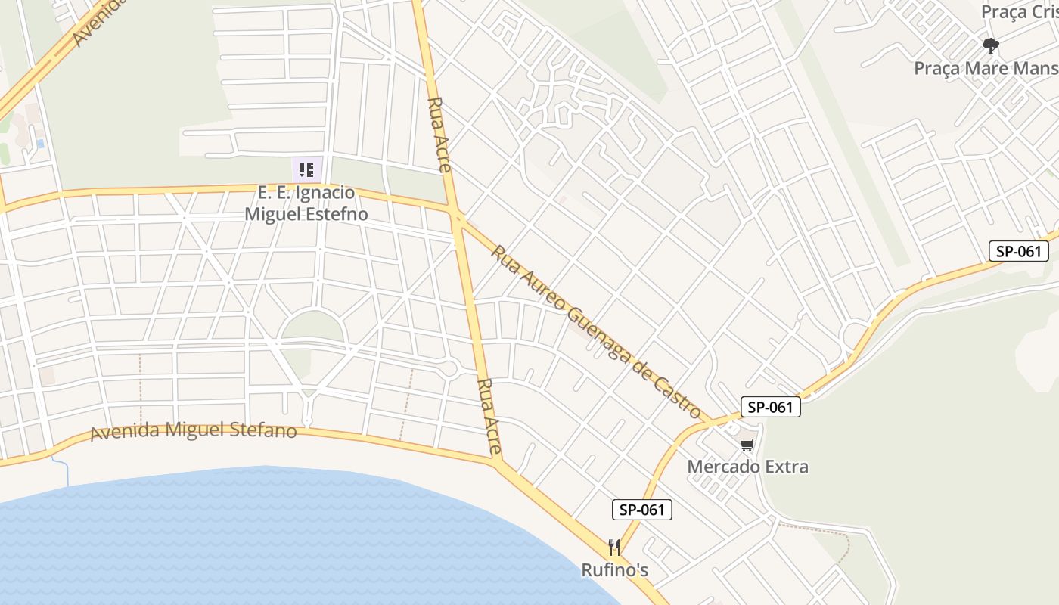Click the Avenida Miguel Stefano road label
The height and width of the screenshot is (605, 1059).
[193, 431]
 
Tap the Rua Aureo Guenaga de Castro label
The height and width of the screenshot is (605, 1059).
[597, 330]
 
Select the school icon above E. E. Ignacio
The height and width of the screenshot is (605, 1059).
[306, 169]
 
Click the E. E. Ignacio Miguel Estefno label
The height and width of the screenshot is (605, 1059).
[306, 203]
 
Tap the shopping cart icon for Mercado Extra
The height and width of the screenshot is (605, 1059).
[747, 445]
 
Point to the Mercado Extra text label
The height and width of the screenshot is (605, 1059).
[747, 466]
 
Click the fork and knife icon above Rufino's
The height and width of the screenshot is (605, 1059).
[614, 547]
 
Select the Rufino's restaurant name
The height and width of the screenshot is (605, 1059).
[614, 569]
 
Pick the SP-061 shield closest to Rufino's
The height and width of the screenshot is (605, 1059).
[641, 510]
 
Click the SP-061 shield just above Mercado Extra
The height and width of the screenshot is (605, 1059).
[770, 407]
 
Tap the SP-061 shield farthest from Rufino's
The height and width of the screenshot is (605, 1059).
[1018, 251]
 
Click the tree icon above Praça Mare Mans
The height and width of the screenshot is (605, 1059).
[990, 46]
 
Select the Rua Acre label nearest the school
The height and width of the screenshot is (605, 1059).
[440, 134]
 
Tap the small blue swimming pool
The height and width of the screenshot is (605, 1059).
[40, 143]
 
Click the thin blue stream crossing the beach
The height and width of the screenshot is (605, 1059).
[67, 473]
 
